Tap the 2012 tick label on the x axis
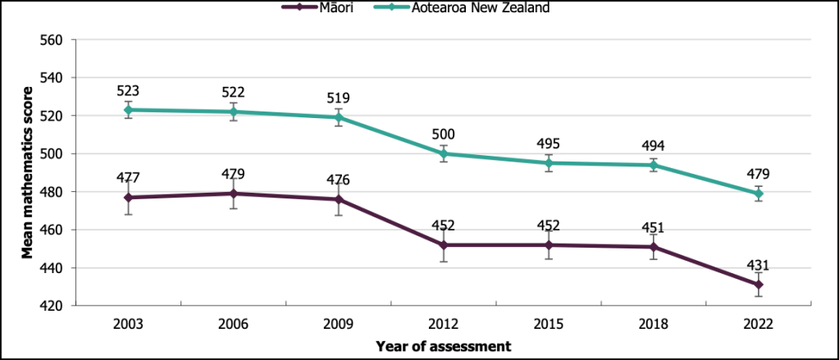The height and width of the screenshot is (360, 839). click(x=443, y=324)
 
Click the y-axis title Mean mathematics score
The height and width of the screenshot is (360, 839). click(x=27, y=173)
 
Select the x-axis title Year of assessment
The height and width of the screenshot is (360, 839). click(x=443, y=346)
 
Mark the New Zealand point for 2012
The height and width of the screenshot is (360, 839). click(x=443, y=153)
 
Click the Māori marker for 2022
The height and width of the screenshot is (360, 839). click(x=759, y=285)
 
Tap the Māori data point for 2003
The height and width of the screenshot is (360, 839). click(x=128, y=198)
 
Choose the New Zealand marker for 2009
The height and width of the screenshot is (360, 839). click(x=338, y=117)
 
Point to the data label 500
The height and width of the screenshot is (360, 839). click(x=443, y=134)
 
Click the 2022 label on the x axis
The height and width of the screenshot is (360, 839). click(x=759, y=324)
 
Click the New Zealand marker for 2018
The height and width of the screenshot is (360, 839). click(x=653, y=165)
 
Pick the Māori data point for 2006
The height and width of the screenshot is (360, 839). click(x=233, y=194)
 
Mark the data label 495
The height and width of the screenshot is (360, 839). click(x=548, y=144)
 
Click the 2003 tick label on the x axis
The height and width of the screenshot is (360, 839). click(x=128, y=324)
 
